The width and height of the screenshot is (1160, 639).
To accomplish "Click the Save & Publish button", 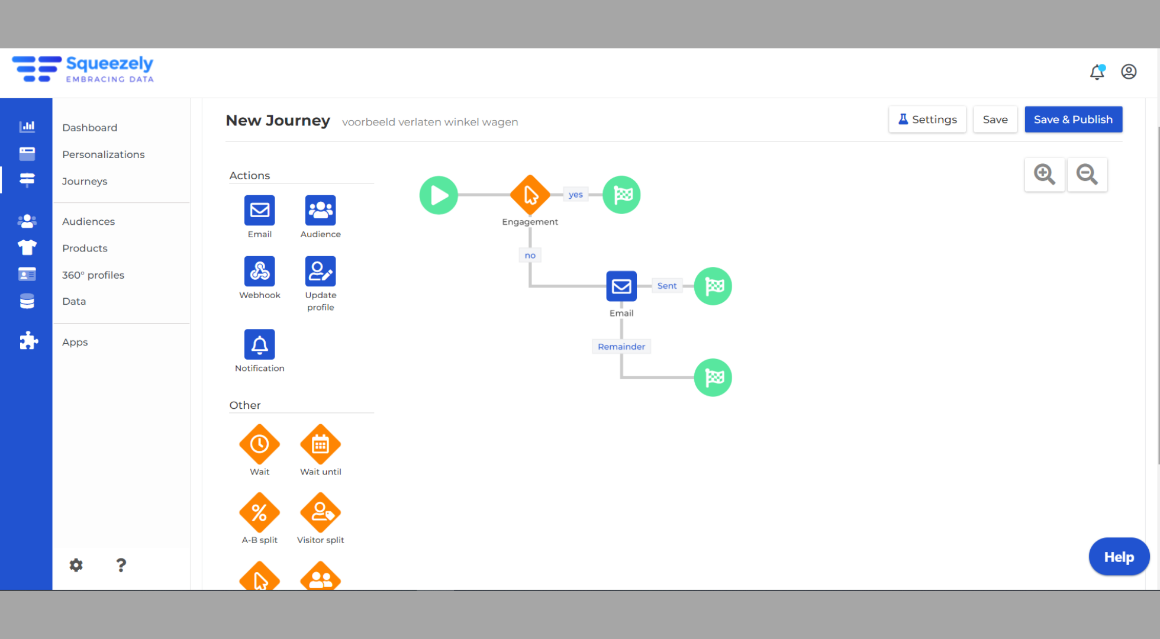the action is [1073, 120].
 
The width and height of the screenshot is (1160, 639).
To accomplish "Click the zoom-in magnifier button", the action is [1045, 175].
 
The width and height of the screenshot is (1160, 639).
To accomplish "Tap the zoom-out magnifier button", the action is [1087, 175].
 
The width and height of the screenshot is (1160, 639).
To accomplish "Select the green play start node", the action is [439, 195].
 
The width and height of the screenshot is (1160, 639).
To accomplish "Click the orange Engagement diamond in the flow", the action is [530, 195].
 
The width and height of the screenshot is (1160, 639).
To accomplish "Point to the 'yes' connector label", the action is [576, 195].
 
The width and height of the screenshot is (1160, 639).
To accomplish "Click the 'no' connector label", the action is [530, 256].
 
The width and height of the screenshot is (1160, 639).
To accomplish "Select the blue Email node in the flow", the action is [621, 286].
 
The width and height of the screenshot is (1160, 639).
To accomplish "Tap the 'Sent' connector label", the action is [667, 286].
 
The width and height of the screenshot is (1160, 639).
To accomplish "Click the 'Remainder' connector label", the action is [621, 347].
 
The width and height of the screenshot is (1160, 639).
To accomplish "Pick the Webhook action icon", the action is [260, 272].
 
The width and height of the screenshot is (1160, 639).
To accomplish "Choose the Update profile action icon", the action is [321, 272].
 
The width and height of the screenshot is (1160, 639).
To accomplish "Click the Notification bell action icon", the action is [260, 344].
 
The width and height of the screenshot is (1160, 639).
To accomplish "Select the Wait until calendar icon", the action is [321, 444].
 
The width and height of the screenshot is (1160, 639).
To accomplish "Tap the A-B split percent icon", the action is [260, 512].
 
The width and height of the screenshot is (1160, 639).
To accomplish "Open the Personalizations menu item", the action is [104, 154].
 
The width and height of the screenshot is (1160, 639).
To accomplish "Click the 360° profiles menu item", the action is [94, 275].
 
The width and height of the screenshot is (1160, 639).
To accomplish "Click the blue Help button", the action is [1119, 557].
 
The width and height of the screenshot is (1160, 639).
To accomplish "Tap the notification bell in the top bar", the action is [1097, 72].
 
